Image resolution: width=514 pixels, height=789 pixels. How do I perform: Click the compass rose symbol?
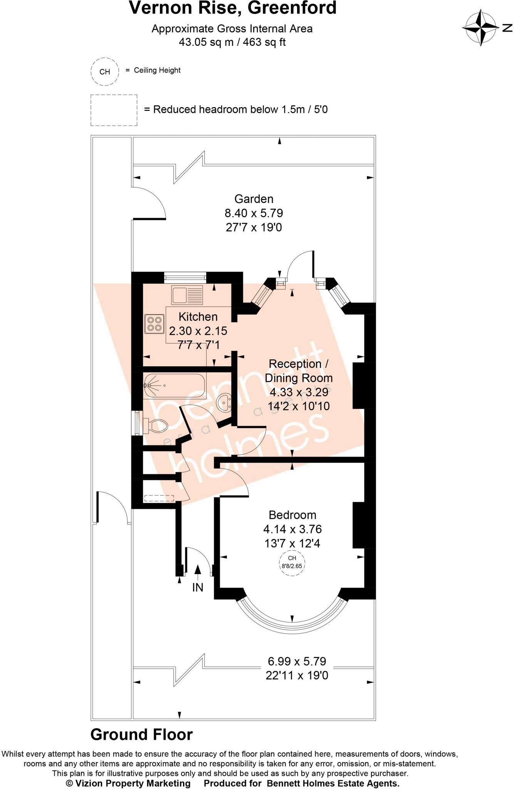coord(480,28)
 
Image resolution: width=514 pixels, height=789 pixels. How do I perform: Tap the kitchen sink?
coord(187,295)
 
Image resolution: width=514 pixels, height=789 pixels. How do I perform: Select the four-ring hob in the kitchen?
coord(154,324)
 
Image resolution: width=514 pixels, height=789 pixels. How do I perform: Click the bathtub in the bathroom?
coord(174,386)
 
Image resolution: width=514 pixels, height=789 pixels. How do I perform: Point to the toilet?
coord(157,426)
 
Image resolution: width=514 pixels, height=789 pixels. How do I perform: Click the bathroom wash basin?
coord(224,403)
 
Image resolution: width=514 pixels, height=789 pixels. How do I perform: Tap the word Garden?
coord(254,199)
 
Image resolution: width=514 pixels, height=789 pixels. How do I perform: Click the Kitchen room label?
coord(198,317)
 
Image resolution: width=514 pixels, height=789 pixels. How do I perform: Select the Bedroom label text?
coord(292,515)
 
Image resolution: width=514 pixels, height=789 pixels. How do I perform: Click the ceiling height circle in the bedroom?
coord(292,562)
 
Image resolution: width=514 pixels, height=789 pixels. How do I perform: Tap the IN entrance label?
coord(198,587)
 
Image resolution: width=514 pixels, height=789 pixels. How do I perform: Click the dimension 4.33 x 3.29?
coord(299,392)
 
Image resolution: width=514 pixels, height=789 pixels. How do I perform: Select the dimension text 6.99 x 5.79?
coord(297,661)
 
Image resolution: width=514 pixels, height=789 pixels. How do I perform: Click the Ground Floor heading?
coord(141,735)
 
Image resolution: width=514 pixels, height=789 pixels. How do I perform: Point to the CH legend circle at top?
coord(104,72)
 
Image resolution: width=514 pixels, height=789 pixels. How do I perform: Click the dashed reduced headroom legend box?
coord(114,110)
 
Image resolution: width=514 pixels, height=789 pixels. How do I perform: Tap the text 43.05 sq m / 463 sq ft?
coord(232,42)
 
